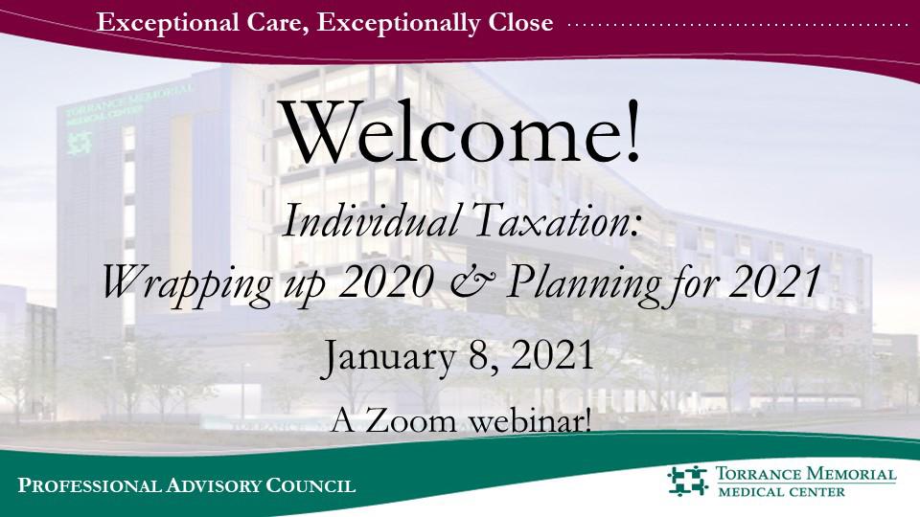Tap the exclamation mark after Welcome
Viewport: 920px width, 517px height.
click(632, 131)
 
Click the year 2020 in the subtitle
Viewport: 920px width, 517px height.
click(386, 281)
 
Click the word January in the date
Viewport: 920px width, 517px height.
click(388, 357)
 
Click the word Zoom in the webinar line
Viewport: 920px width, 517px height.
click(410, 421)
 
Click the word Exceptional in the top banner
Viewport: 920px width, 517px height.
click(167, 23)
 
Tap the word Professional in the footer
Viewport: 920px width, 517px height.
click(88, 485)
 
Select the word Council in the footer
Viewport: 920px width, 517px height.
click(310, 485)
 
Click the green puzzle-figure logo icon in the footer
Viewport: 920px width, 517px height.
click(688, 482)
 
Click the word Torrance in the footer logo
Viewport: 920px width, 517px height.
click(759, 474)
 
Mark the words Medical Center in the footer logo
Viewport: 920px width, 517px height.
click(782, 491)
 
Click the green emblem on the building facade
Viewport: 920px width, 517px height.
click(80, 143)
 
